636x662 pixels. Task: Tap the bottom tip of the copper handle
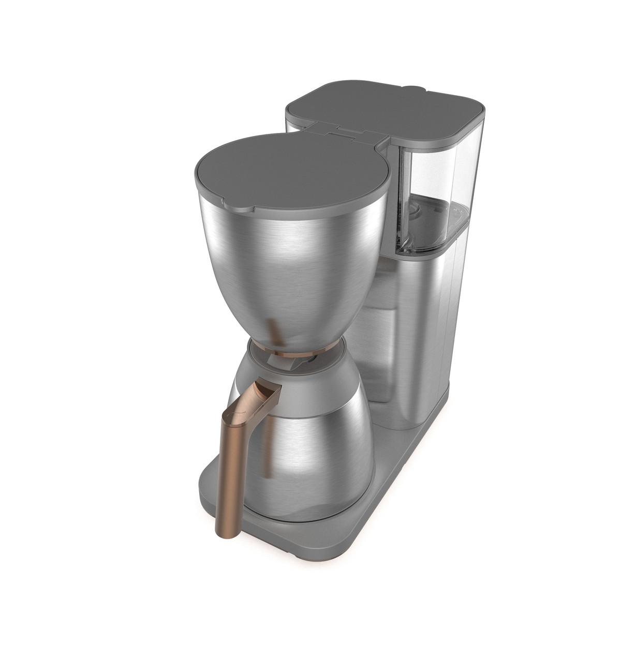226,533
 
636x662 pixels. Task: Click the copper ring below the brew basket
295,353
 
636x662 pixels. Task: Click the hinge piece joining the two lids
344,131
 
